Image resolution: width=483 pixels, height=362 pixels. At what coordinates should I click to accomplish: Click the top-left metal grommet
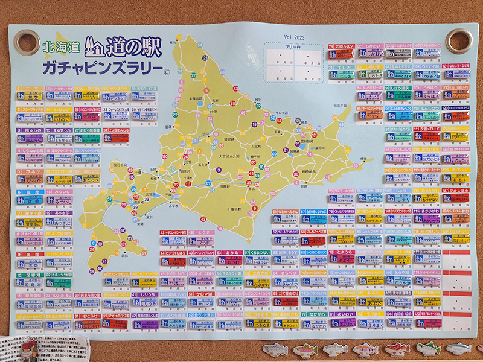pyautogui.click(x=27, y=42)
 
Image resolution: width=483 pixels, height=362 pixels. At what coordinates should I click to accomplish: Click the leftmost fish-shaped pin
pyautogui.click(x=275, y=349)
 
